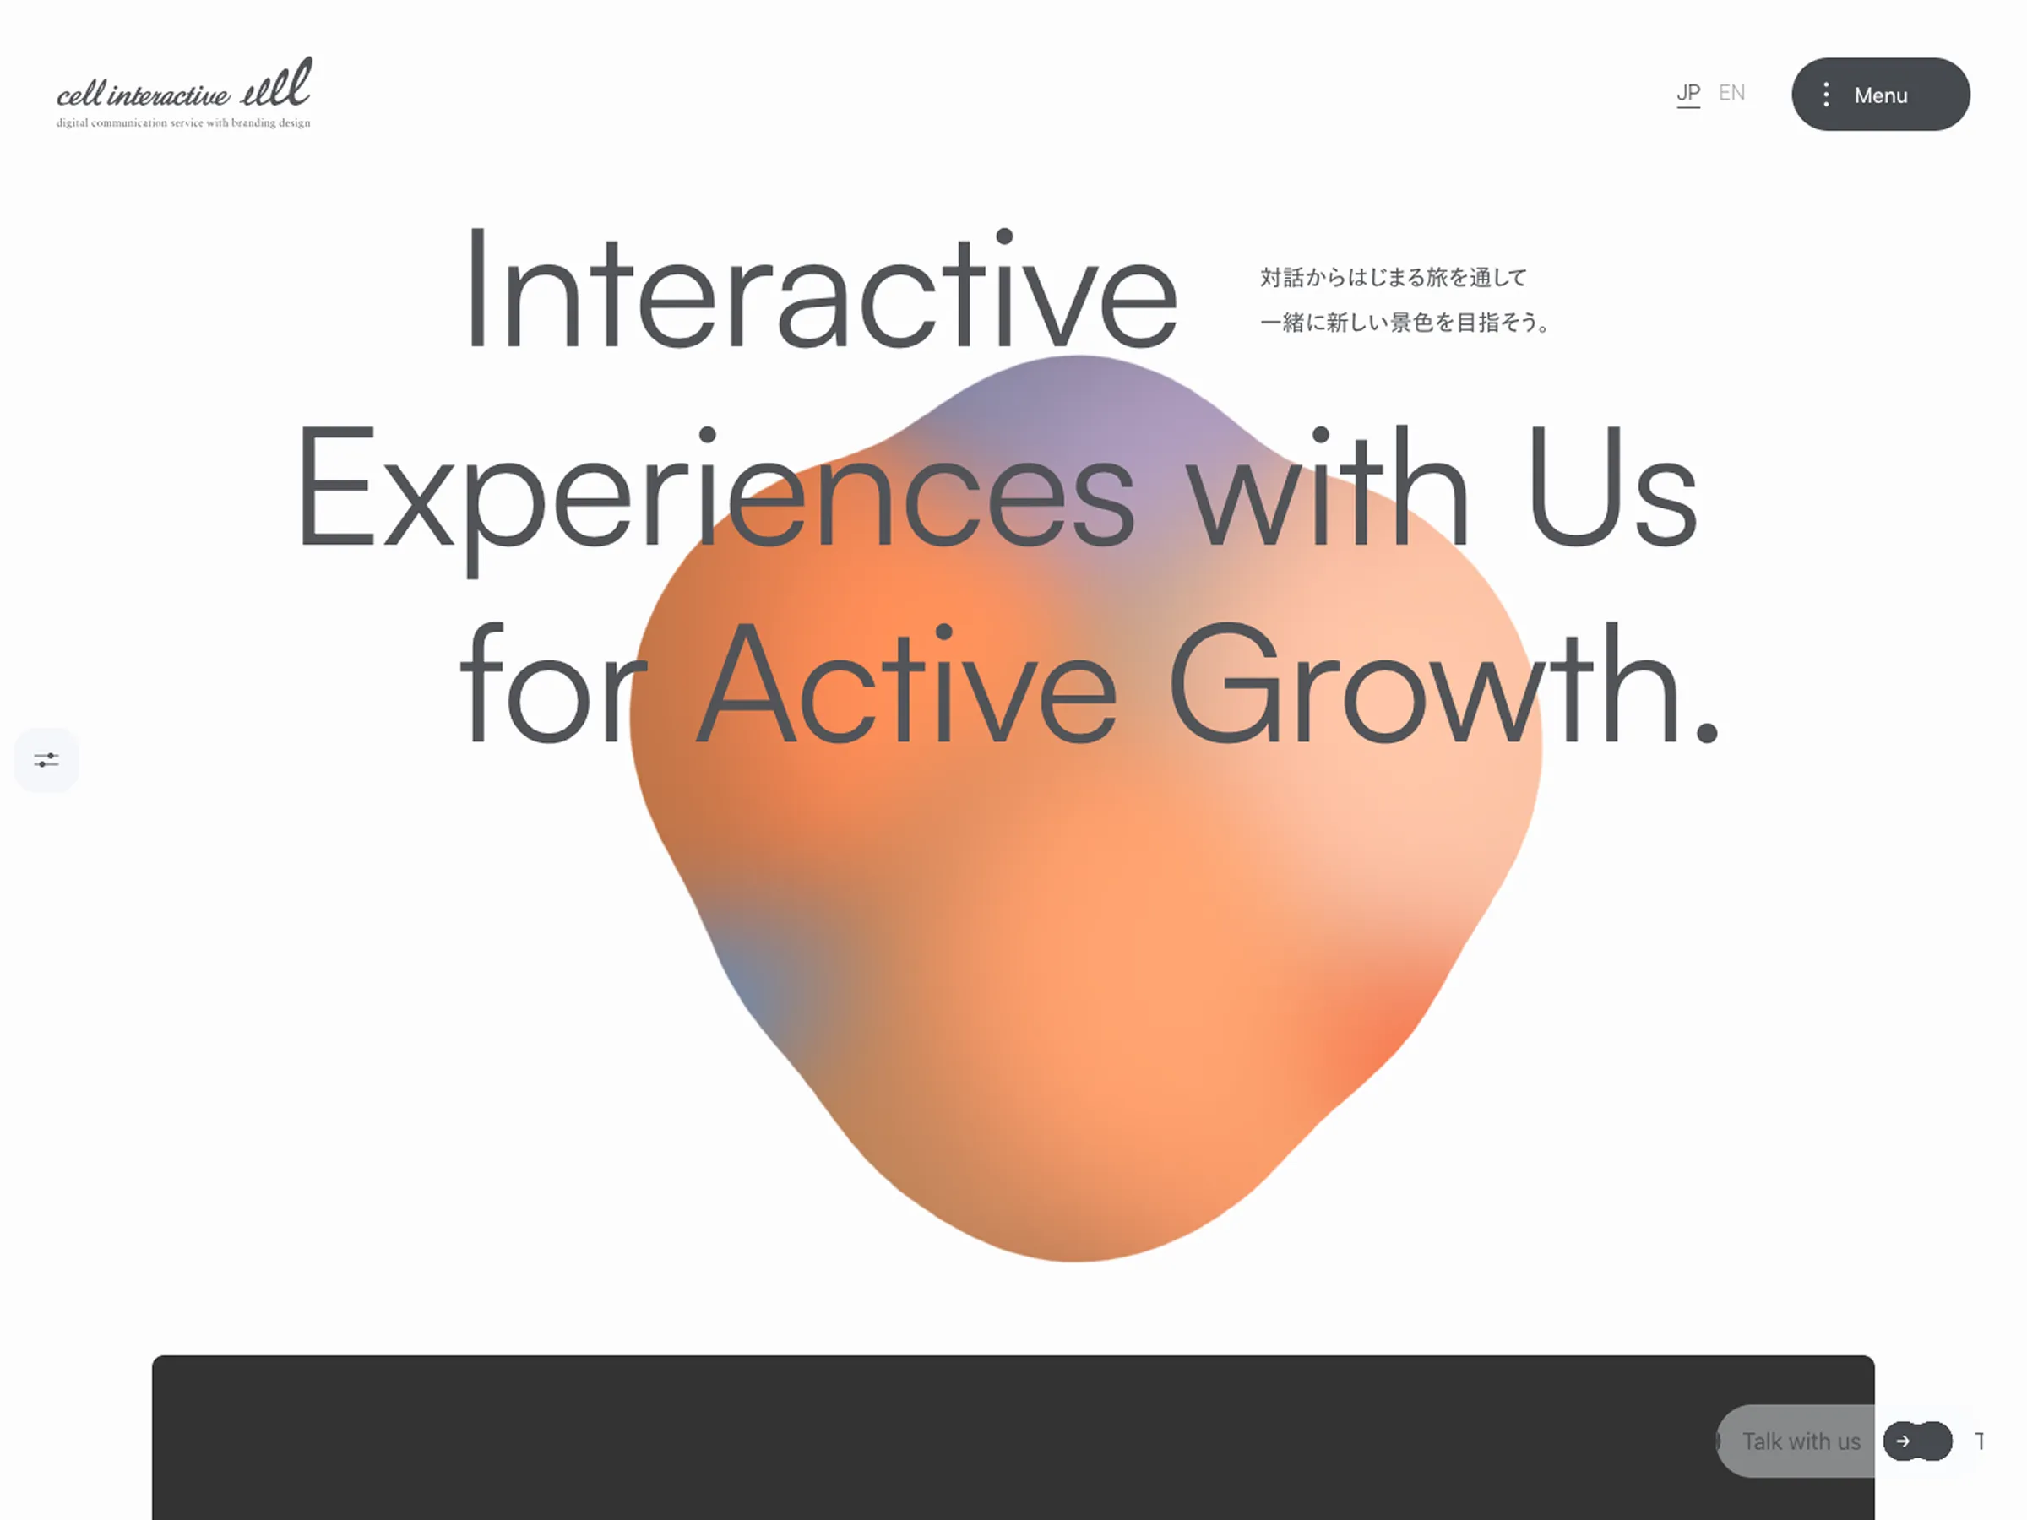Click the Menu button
tap(1880, 95)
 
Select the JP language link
tap(1688, 94)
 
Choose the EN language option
tap(1731, 93)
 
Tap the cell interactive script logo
tap(184, 84)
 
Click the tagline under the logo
tap(183, 122)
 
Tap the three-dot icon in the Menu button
tap(1826, 95)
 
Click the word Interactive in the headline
tap(821, 290)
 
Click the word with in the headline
tap(1328, 486)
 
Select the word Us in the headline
tap(1611, 486)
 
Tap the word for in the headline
tap(552, 682)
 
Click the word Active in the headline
tap(907, 682)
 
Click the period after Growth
tap(1706, 731)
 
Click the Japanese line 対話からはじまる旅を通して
tap(1394, 277)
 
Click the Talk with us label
tap(1801, 1441)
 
